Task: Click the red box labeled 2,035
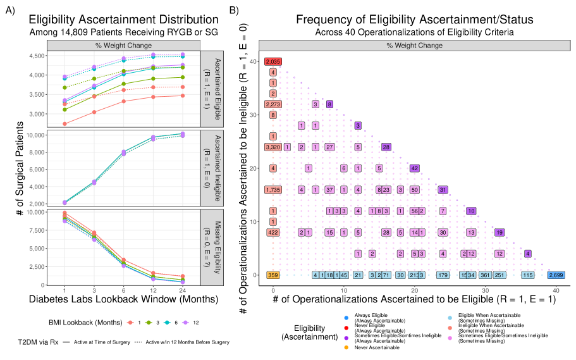click(x=273, y=61)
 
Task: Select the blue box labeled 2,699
click(x=556, y=275)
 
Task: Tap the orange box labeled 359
click(x=273, y=275)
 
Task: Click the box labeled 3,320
click(x=273, y=147)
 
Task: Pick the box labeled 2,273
click(x=273, y=104)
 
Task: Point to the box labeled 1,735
click(x=273, y=189)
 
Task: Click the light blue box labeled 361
click(x=485, y=275)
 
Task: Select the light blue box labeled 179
click(x=443, y=275)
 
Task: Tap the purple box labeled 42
click(x=415, y=168)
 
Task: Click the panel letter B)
click(x=235, y=11)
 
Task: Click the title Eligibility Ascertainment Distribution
click(x=119, y=20)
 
